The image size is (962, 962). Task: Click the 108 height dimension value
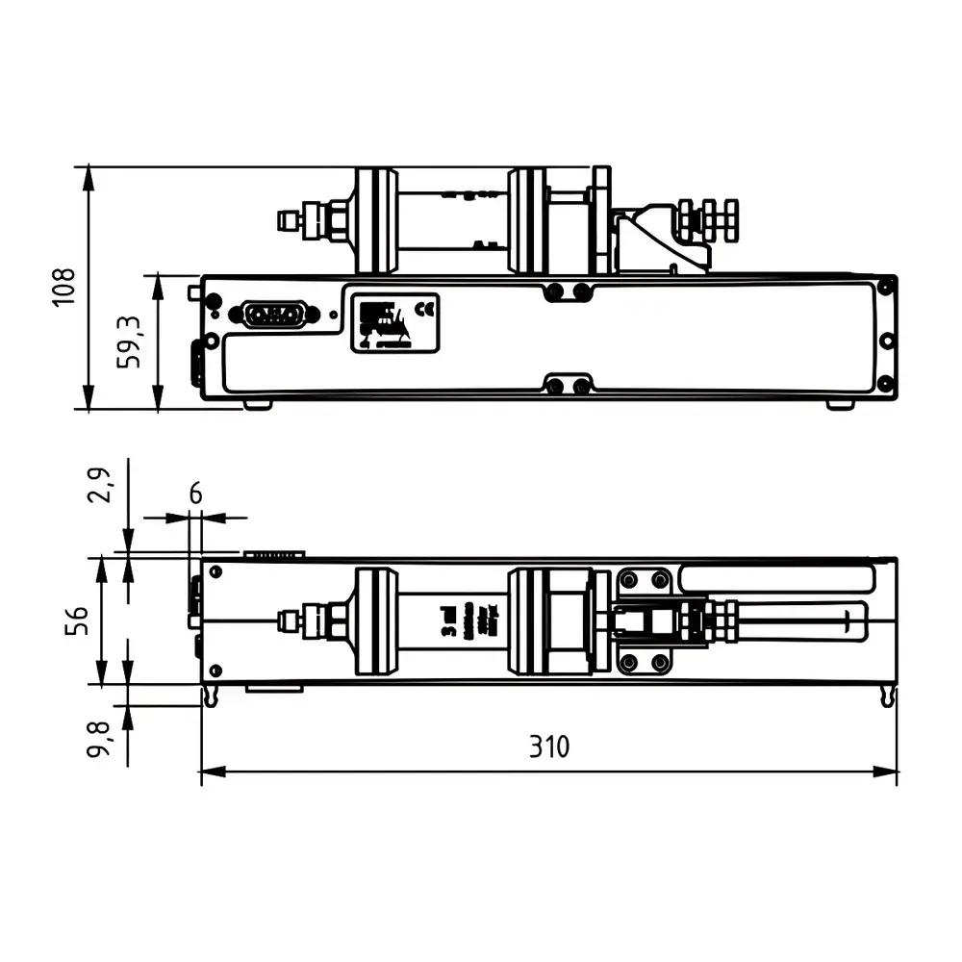[x=63, y=287]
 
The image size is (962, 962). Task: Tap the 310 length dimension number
[x=549, y=747]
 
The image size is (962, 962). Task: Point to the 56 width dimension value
[x=77, y=620]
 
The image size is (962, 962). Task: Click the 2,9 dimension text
[x=100, y=485]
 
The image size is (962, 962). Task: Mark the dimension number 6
[x=195, y=494]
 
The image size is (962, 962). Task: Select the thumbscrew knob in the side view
[x=708, y=219]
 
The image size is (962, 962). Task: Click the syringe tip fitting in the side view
[x=290, y=221]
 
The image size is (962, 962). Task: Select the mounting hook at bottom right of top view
[x=887, y=697]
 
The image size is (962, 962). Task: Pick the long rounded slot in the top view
[x=776, y=578]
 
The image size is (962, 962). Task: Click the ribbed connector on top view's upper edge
[x=274, y=554]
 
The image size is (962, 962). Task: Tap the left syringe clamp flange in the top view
[x=375, y=620]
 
